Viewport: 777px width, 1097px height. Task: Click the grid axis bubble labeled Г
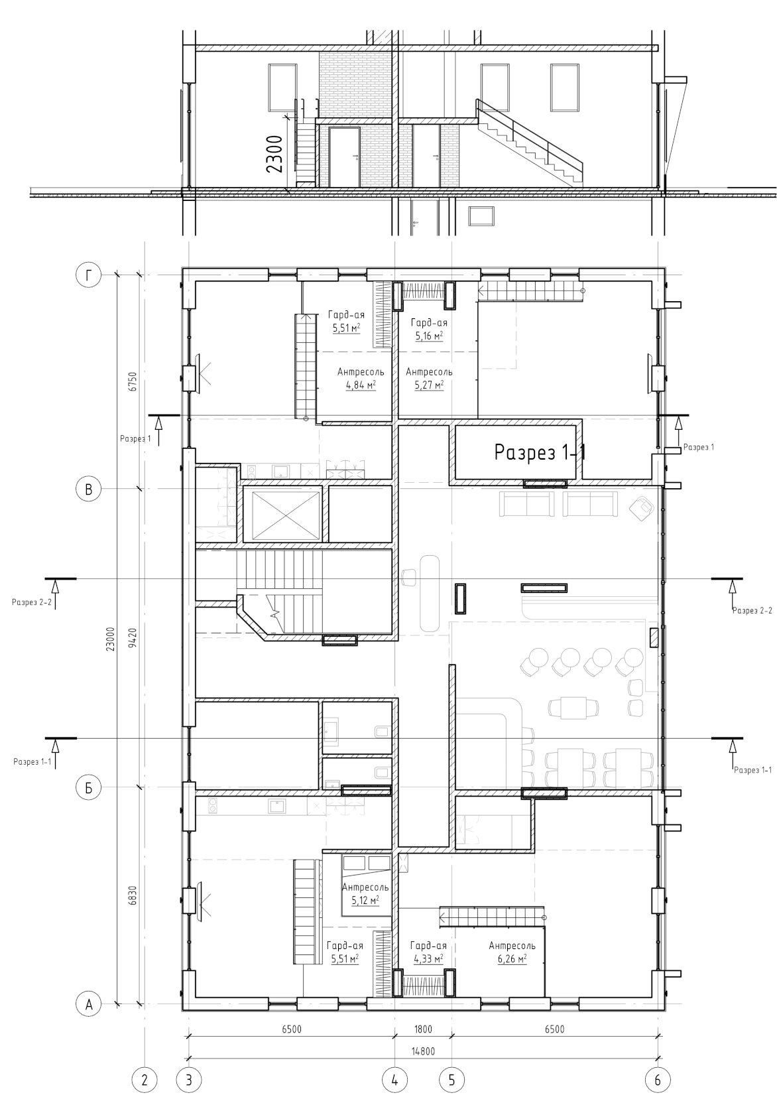click(x=88, y=276)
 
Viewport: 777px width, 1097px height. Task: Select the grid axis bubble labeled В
click(x=88, y=489)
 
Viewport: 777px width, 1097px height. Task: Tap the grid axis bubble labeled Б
click(x=88, y=787)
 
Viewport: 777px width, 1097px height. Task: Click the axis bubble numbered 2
click(x=144, y=1079)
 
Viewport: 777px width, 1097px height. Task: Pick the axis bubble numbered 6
click(x=657, y=1079)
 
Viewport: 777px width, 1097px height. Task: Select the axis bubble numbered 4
click(x=394, y=1079)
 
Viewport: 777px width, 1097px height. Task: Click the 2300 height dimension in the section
click(x=275, y=154)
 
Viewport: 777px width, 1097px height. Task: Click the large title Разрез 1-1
click(x=540, y=452)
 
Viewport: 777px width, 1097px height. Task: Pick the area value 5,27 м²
click(x=429, y=385)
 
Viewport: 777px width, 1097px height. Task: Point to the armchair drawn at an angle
click(x=641, y=506)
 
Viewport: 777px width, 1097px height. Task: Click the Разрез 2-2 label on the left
click(x=32, y=602)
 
